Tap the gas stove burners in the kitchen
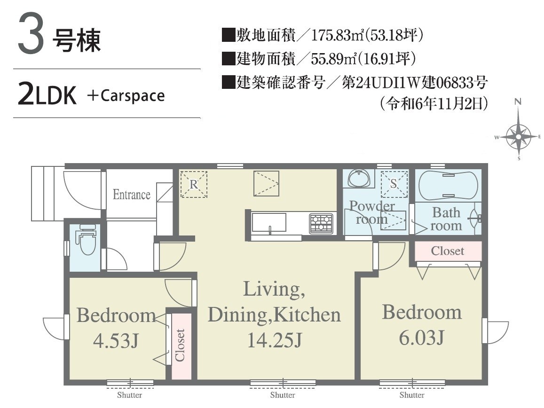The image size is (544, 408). point(321,223)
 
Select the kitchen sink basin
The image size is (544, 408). point(269,222)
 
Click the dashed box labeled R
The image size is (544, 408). point(194,184)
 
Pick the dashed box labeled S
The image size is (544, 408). point(394,184)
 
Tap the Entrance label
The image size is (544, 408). point(132,195)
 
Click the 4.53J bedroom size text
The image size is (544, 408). point(116,340)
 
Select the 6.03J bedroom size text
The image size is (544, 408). point(422,337)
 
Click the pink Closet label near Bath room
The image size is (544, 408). point(448,251)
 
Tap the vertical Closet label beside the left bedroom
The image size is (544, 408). point(180,345)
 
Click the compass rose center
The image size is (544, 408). point(518,137)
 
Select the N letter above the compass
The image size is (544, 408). point(518,102)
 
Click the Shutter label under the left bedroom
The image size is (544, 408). point(129,395)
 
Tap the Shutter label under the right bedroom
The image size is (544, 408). point(412,395)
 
